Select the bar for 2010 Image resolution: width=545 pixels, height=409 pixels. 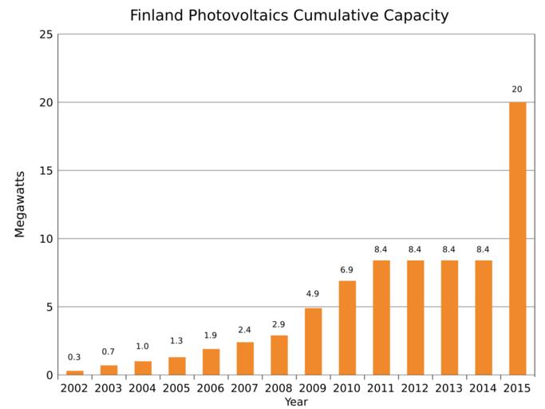pyautogui.click(x=347, y=328)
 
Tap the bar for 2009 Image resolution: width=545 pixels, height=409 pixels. pyautogui.click(x=313, y=341)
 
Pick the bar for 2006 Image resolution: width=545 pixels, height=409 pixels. pyautogui.click(x=211, y=362)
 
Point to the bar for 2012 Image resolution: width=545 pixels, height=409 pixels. pyautogui.click(x=415, y=317)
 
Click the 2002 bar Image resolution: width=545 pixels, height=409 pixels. pyautogui.click(x=74, y=372)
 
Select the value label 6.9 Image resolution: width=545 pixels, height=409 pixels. pyautogui.click(x=346, y=270)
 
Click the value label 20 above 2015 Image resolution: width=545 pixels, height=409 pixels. pyautogui.click(x=517, y=89)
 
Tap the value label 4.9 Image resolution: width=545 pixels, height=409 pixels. pyautogui.click(x=312, y=294)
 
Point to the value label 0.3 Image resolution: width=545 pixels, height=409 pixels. pyautogui.click(x=74, y=357)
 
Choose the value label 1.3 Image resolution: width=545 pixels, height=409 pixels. pyautogui.click(x=176, y=341)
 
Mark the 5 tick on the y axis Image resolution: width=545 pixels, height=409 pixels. pyautogui.click(x=49, y=307)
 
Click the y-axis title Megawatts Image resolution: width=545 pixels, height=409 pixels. pyautogui.click(x=20, y=204)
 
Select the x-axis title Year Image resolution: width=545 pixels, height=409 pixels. pyautogui.click(x=296, y=402)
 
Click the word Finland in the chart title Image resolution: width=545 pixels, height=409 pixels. pyautogui.click(x=156, y=15)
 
